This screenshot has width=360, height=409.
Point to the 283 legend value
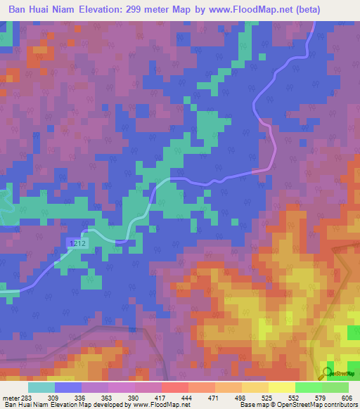(27, 397)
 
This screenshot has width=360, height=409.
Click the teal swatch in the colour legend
(41, 387)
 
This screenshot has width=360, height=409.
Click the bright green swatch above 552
(308, 387)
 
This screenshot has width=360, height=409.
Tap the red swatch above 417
(174, 387)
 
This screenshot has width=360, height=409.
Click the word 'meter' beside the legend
(10, 397)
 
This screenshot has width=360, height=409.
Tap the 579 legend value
(321, 397)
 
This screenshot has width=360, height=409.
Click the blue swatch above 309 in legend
(68, 387)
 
